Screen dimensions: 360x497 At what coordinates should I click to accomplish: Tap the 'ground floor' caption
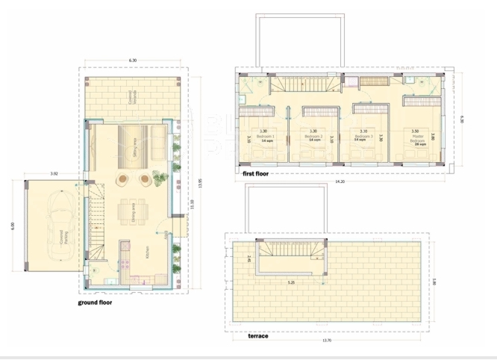(x=101, y=303)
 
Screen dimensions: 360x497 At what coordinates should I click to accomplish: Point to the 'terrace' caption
(x=257, y=336)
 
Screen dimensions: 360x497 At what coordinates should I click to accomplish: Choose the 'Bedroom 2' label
(x=314, y=137)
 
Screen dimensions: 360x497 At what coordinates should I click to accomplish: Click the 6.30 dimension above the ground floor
(x=132, y=60)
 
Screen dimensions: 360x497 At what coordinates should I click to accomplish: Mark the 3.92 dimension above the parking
(x=54, y=174)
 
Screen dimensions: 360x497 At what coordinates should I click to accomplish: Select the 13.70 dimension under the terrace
(x=326, y=341)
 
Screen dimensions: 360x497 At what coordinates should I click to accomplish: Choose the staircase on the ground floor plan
(x=97, y=216)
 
